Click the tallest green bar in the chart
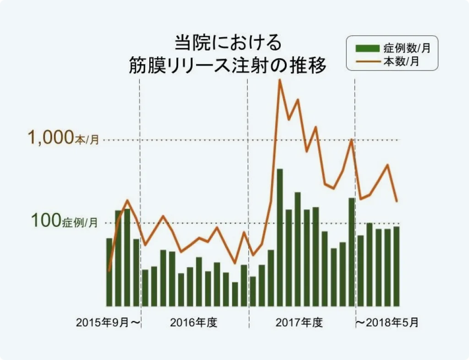pyautogui.click(x=279, y=237)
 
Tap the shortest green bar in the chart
pyautogui.click(x=235, y=294)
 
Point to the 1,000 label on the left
pyautogui.click(x=50, y=137)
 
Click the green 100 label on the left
pyautogui.click(x=45, y=221)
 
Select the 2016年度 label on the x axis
pyautogui.click(x=193, y=322)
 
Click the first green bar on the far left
pyautogui.click(x=109, y=272)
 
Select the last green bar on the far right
pyautogui.click(x=396, y=266)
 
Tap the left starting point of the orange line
pyautogui.click(x=109, y=270)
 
